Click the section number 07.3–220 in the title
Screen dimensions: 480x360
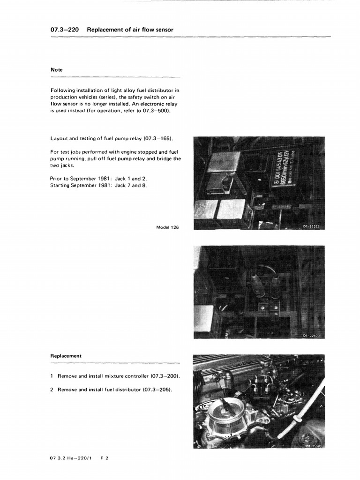coord(64,30)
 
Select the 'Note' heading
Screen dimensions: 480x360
coord(56,70)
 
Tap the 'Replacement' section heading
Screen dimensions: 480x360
coord(66,356)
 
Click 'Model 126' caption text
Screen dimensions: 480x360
coord(167,227)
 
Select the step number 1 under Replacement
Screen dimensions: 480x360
coord(52,376)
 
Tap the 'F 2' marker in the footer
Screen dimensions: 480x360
coord(105,458)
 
